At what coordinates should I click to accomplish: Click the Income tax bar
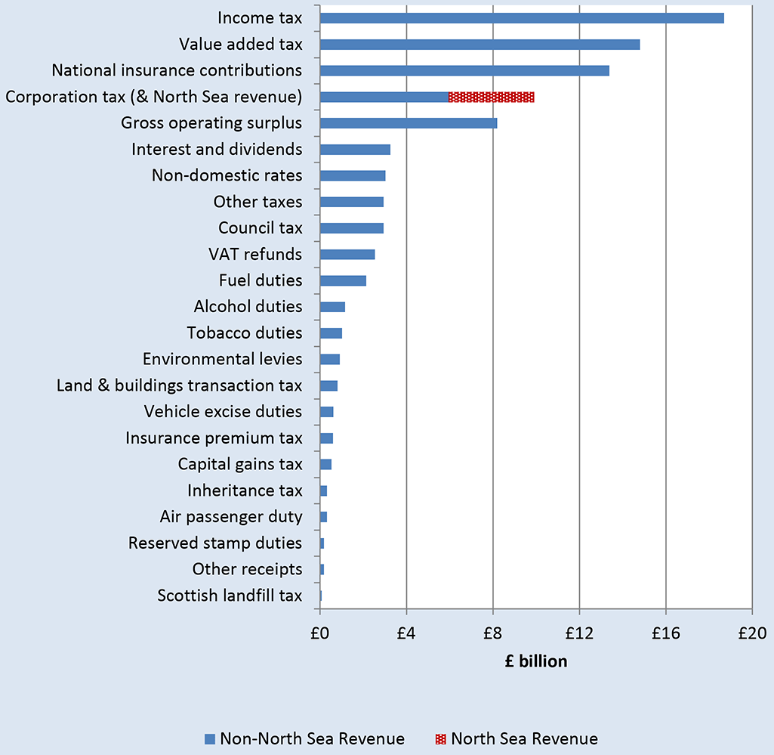click(x=521, y=18)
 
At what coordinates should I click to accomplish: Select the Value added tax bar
click(x=480, y=45)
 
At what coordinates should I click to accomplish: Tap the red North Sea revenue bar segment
click(x=491, y=97)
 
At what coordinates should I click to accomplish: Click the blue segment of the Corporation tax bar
click(x=384, y=97)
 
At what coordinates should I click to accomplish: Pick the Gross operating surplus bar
click(x=408, y=123)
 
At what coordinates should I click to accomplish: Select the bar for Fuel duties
click(x=343, y=280)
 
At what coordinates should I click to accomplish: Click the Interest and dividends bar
click(x=355, y=150)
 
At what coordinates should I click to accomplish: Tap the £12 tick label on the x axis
click(x=579, y=632)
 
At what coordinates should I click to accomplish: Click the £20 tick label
click(x=751, y=632)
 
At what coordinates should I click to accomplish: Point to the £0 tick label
click(x=319, y=632)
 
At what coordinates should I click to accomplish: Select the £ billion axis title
click(x=536, y=661)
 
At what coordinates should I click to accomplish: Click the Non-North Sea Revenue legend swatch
click(x=210, y=738)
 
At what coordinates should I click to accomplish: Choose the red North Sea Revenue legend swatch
click(x=441, y=738)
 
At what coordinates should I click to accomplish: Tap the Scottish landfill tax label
click(x=230, y=596)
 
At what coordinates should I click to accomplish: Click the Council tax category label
click(x=260, y=228)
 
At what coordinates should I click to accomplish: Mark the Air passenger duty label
click(x=231, y=517)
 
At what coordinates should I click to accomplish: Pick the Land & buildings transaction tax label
click(x=179, y=385)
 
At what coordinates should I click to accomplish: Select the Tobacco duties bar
click(x=331, y=333)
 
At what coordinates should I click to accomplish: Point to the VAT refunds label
click(x=255, y=254)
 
